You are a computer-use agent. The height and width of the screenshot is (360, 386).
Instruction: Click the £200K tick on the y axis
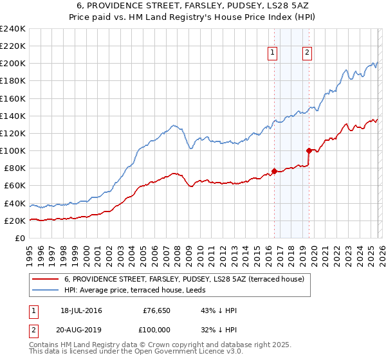(x=13, y=64)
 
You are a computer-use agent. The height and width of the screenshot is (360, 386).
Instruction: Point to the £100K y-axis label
(x=13, y=151)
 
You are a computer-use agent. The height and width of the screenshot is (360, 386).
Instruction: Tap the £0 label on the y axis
(x=19, y=239)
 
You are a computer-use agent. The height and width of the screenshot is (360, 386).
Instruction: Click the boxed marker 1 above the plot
(x=273, y=53)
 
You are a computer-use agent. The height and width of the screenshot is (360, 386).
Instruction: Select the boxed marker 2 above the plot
(x=308, y=53)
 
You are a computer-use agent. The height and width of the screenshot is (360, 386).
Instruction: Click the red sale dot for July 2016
(x=274, y=171)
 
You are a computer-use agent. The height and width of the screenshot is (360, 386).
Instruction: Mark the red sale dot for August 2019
(x=309, y=151)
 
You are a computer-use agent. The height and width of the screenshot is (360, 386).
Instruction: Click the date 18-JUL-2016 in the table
(x=80, y=310)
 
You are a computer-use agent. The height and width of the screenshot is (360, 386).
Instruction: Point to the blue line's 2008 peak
(x=173, y=125)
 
